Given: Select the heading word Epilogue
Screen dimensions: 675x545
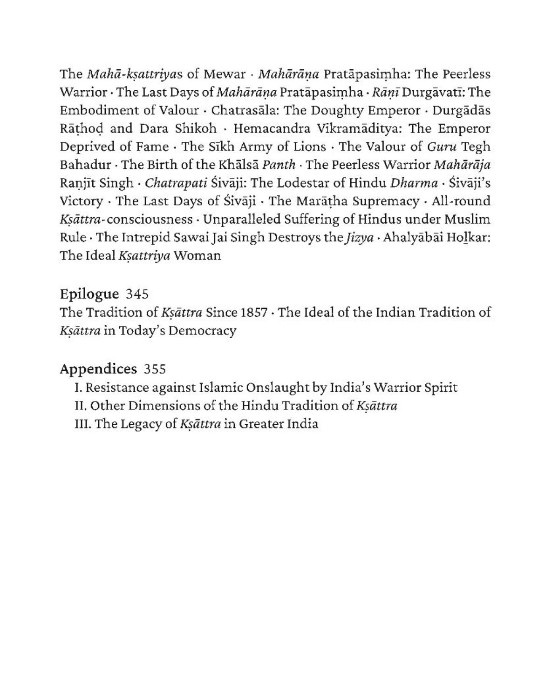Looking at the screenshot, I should point(89,294).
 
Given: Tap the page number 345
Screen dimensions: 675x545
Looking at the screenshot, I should point(137,294).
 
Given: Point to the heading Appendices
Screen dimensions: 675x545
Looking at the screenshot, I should point(98,369).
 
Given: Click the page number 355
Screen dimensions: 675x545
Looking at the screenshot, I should point(155,369).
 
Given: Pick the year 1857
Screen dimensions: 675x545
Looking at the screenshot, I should point(254,313).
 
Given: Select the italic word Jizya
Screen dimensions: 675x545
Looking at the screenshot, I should point(358,238).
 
